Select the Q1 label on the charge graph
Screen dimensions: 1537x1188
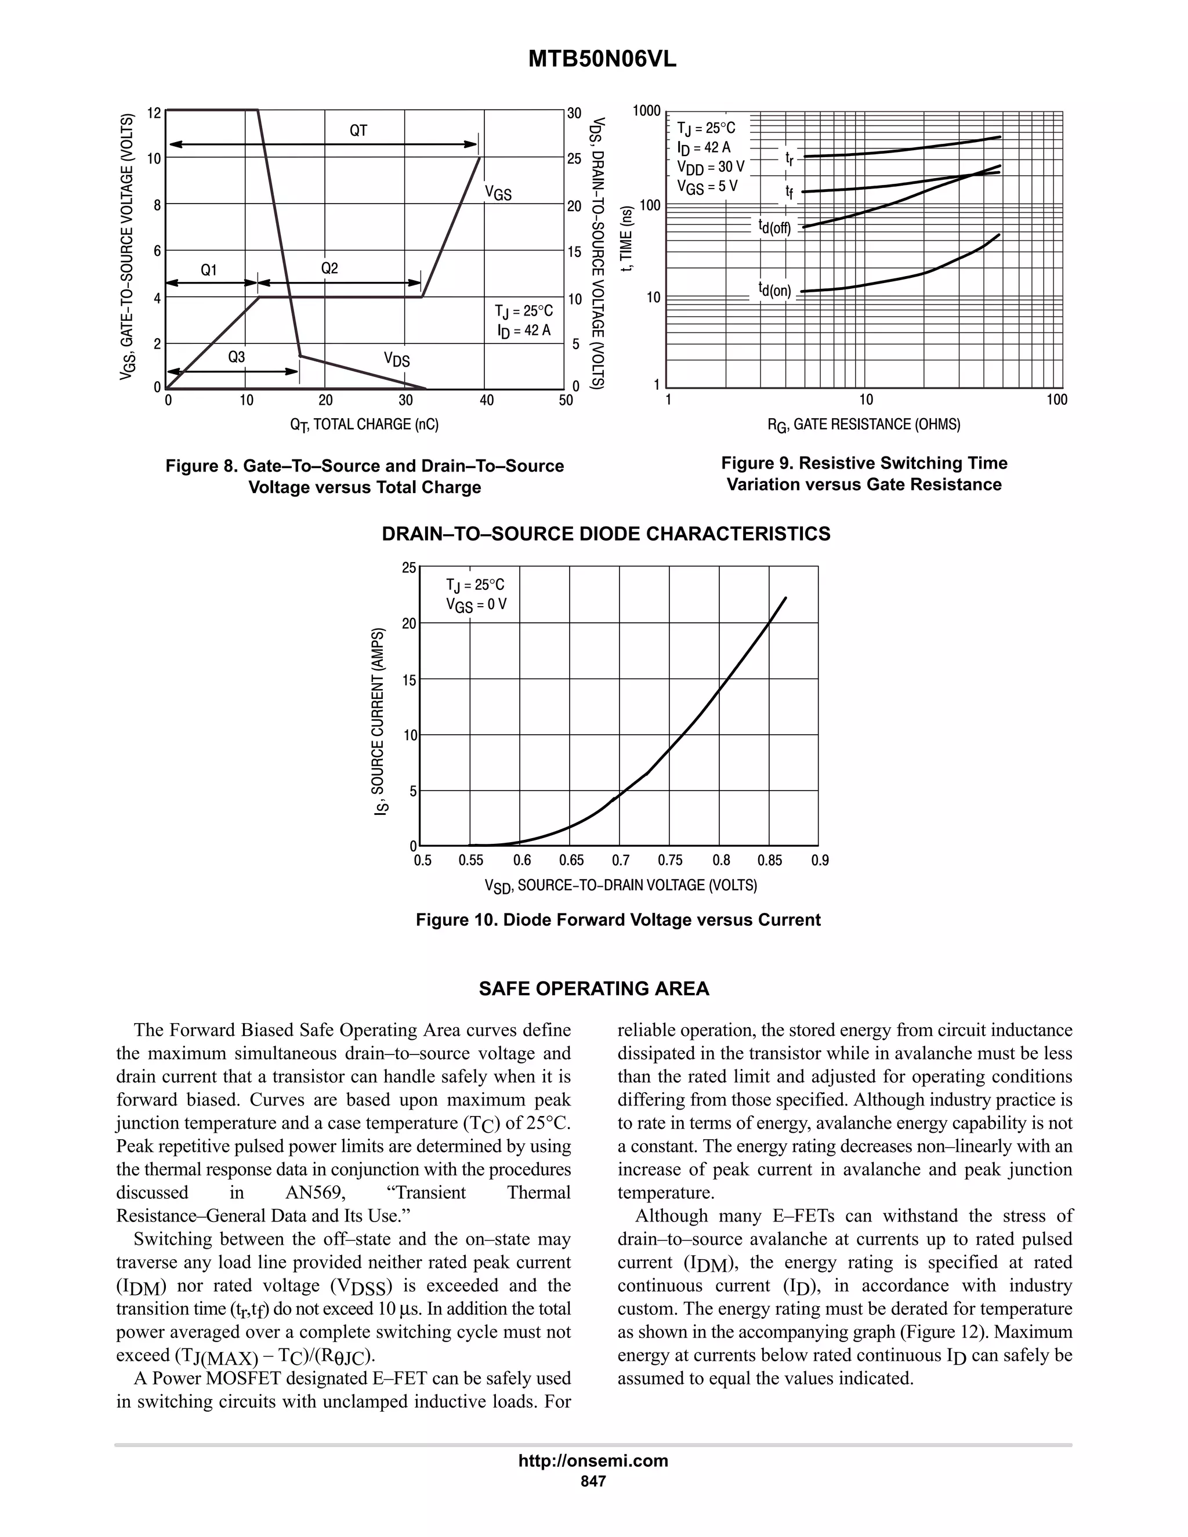click(x=209, y=270)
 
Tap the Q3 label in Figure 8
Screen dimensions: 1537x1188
click(x=237, y=357)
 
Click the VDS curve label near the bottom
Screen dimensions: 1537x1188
click(x=396, y=360)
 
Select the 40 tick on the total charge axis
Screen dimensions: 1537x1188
click(x=486, y=400)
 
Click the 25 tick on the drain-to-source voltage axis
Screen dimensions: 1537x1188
click(x=574, y=159)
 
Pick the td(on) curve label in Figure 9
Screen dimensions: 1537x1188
click(x=774, y=290)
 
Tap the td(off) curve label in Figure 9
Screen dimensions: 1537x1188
click(x=774, y=227)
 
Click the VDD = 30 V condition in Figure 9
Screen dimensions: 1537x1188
click(x=710, y=168)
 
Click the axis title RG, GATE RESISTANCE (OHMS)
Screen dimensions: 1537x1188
click(x=864, y=425)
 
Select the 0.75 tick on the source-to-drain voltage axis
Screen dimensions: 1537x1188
click(x=670, y=860)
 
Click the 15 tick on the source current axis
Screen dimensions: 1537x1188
click(x=409, y=679)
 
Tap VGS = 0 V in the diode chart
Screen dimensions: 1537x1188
click(x=476, y=604)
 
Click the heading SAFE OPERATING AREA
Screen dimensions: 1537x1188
click(x=593, y=989)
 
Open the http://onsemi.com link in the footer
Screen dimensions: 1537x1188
click(x=593, y=1460)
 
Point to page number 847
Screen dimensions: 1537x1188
click(x=593, y=1481)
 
